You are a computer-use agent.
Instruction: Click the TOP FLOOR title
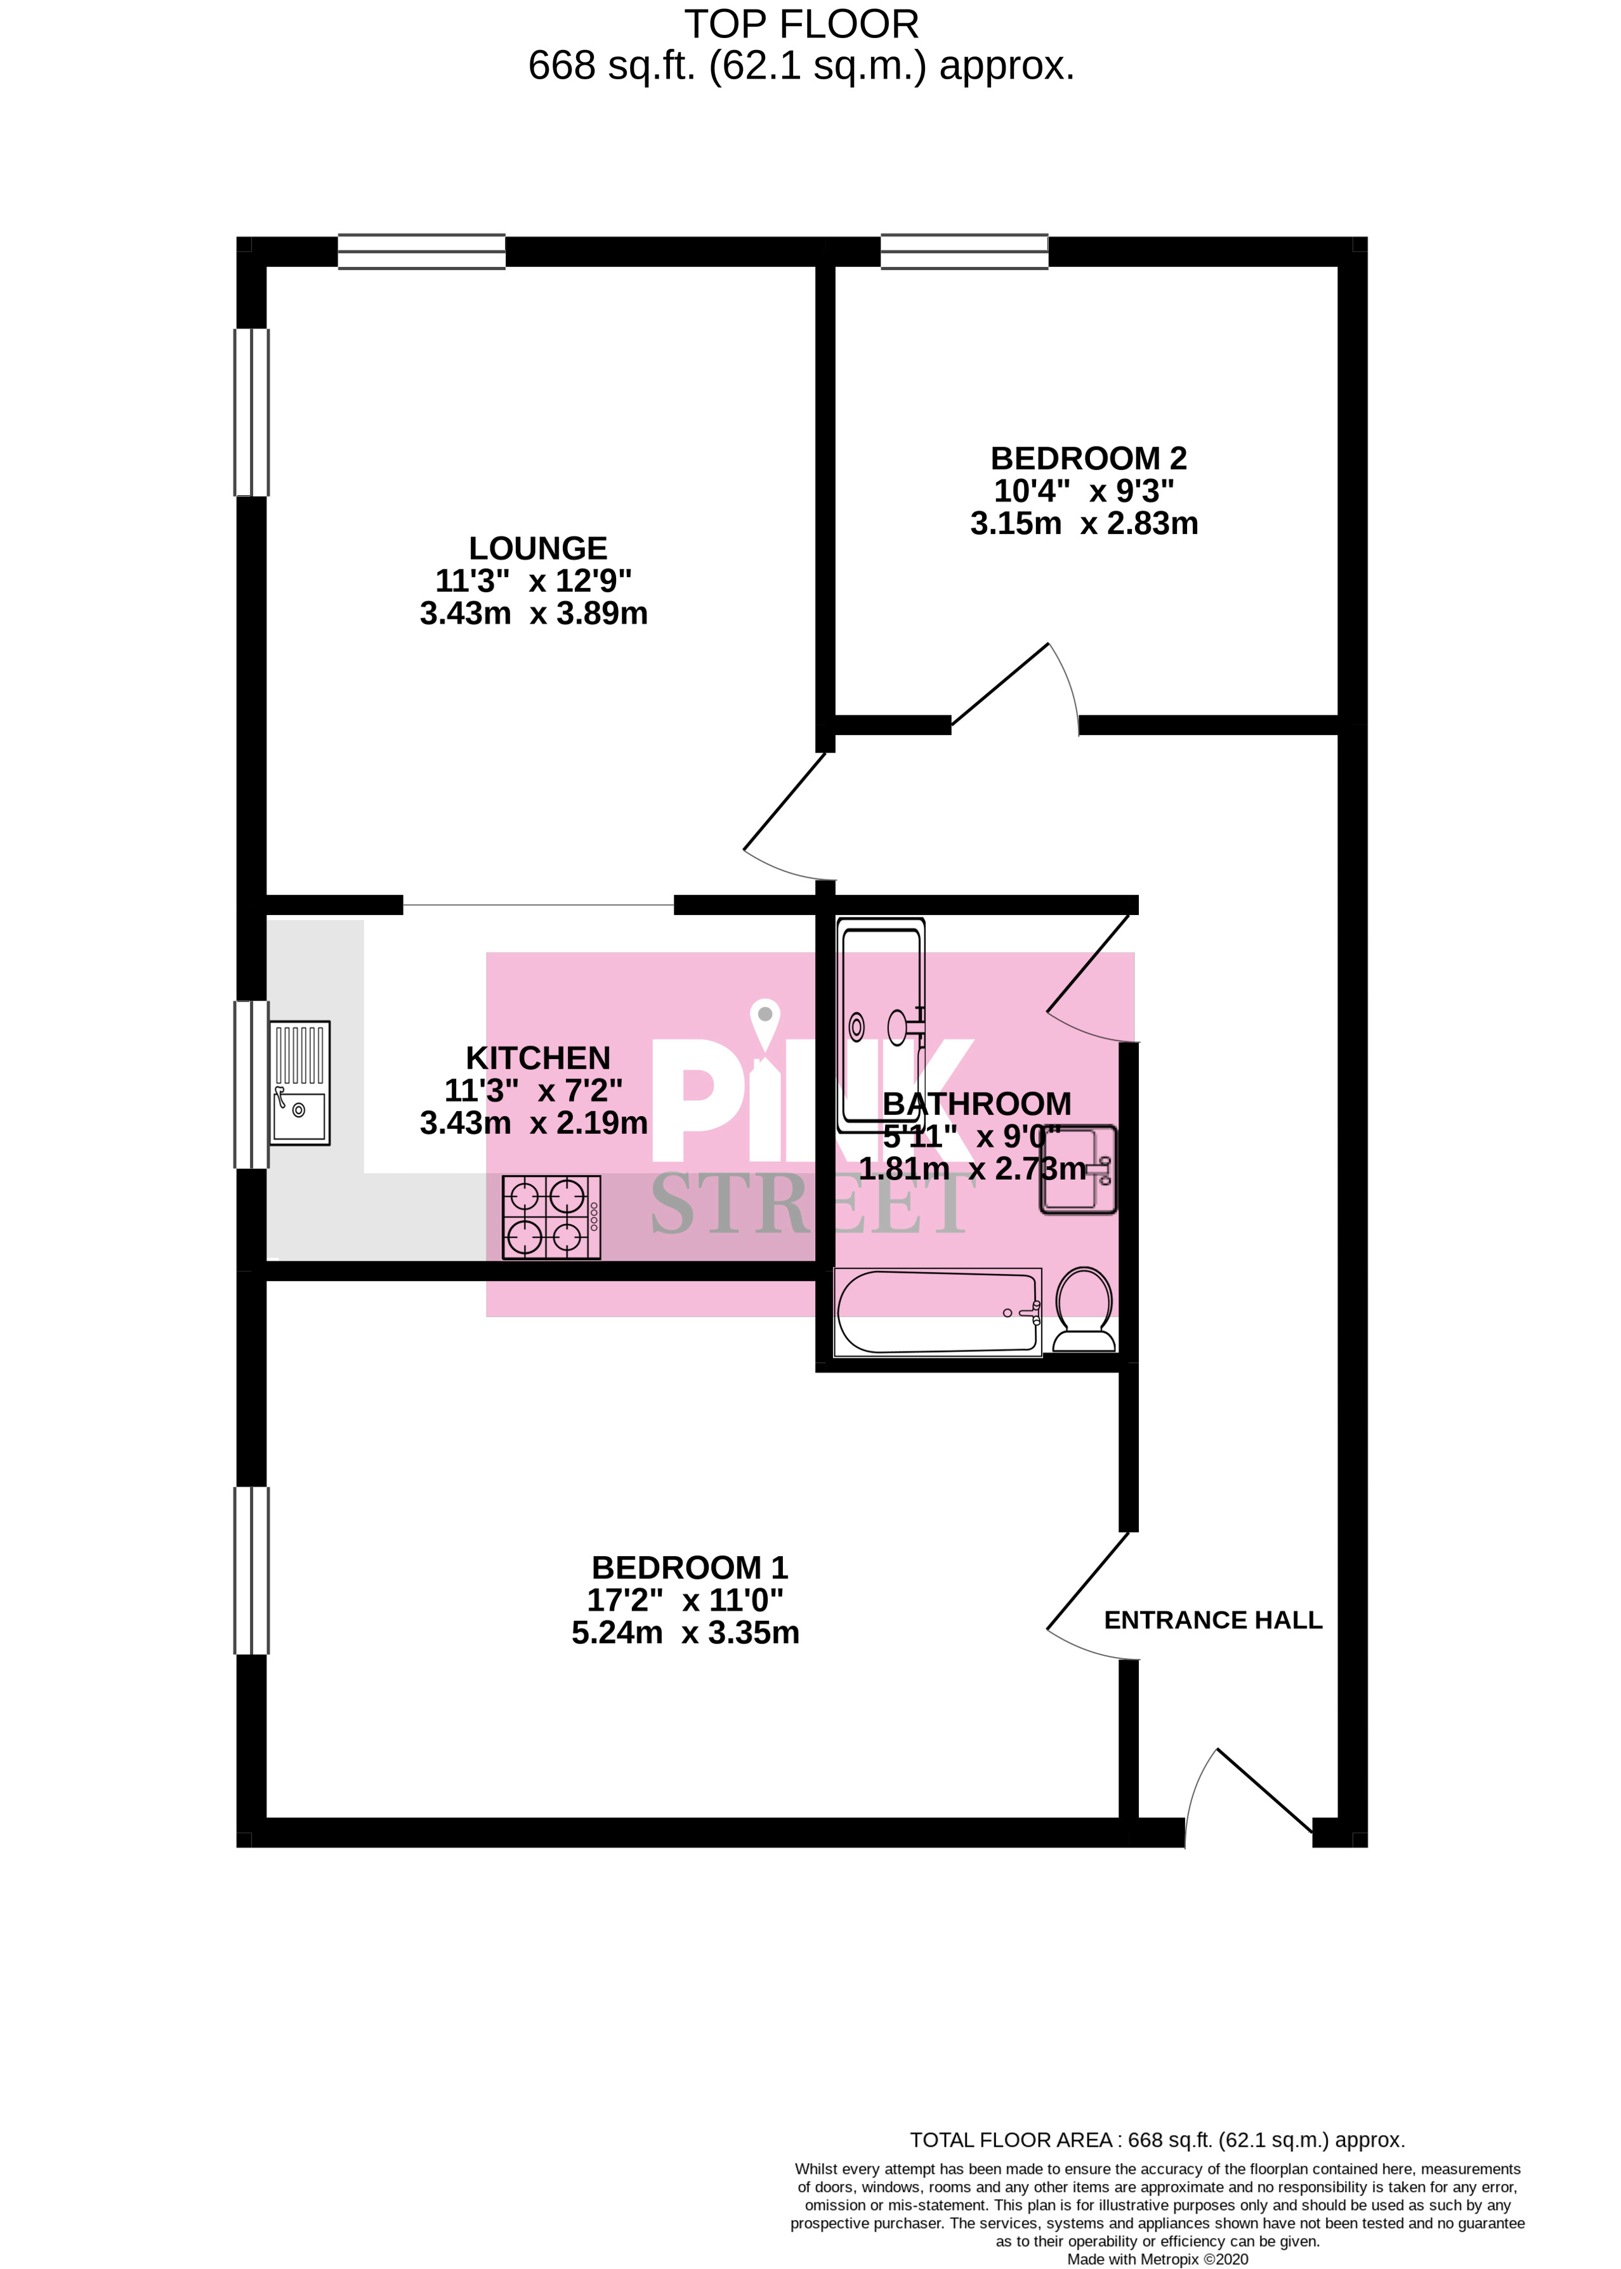[801, 24]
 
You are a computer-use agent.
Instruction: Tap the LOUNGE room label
[538, 548]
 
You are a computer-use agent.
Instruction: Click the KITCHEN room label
[538, 1058]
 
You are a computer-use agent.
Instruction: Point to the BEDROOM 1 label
[690, 1568]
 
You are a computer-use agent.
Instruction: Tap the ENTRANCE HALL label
[1213, 1620]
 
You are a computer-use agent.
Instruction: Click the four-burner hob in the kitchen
[551, 1216]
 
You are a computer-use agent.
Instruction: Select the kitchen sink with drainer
[299, 1082]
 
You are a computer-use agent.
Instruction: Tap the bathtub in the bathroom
[936, 1312]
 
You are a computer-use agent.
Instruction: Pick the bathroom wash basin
[1078, 1169]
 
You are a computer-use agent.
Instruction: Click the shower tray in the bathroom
[881, 1025]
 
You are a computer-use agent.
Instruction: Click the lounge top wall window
[421, 252]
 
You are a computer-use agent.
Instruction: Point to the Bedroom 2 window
[964, 252]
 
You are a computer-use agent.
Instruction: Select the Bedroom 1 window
[251, 1571]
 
